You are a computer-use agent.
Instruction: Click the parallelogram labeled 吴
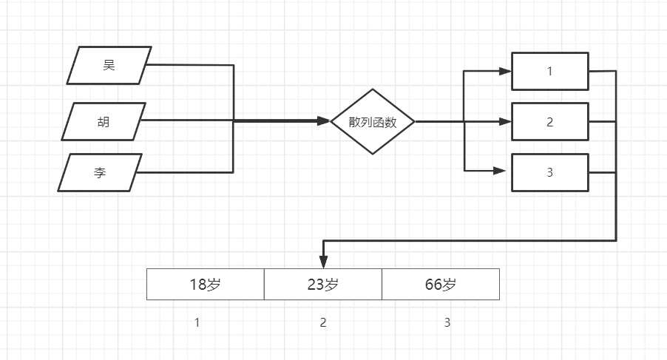click(x=109, y=65)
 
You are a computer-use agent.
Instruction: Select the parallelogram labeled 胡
click(x=102, y=121)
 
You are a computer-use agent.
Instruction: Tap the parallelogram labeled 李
click(x=100, y=173)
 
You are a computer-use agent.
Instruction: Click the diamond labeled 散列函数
click(x=373, y=122)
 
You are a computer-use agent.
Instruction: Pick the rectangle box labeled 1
click(x=550, y=72)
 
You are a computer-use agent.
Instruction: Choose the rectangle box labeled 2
click(x=550, y=122)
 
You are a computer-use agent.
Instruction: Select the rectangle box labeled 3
click(x=550, y=173)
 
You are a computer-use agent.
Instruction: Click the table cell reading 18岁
click(x=206, y=285)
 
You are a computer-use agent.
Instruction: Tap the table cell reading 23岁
click(x=323, y=285)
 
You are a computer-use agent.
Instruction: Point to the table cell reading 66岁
click(x=441, y=285)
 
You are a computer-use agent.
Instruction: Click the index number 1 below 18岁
click(x=197, y=323)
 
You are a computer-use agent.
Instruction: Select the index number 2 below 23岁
click(x=323, y=323)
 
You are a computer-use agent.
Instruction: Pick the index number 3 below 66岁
click(x=447, y=323)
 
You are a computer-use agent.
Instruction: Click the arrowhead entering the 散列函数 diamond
click(x=324, y=121)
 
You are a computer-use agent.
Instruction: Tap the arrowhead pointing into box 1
click(x=505, y=72)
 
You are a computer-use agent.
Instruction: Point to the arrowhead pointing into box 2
click(x=505, y=121)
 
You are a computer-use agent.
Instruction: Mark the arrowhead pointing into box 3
click(x=499, y=171)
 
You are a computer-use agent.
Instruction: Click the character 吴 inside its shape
click(x=109, y=65)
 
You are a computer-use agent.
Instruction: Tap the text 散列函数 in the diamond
click(x=373, y=123)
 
